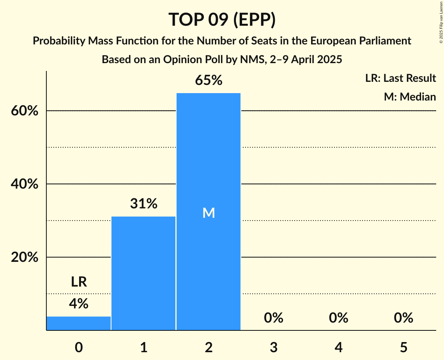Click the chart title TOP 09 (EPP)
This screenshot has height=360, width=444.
point(222,19)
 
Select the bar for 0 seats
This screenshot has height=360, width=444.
point(79,323)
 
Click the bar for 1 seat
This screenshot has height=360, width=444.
point(143,273)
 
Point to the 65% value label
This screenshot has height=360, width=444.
point(209,80)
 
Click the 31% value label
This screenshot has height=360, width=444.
point(143,203)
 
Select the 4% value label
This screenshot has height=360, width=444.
point(79,304)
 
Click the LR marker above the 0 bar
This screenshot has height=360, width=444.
point(79,282)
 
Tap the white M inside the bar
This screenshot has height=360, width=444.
point(209,213)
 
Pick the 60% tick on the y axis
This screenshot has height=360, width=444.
point(24,111)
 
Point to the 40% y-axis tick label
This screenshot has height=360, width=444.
point(24,184)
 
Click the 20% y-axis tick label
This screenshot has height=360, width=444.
point(24,258)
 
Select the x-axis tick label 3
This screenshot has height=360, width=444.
point(273,347)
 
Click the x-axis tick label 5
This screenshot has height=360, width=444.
point(403,347)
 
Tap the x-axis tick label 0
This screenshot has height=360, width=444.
point(79,347)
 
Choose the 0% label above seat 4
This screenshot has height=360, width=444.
point(338,318)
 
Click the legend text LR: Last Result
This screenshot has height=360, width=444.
point(400,78)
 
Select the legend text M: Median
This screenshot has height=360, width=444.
point(410,97)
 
